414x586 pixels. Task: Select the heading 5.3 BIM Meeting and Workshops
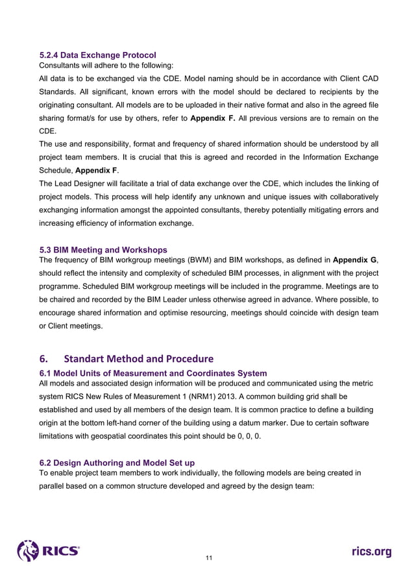tap(103, 250)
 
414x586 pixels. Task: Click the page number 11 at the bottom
tap(208, 557)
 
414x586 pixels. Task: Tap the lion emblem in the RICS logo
tap(29, 551)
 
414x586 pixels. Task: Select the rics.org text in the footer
tap(371, 552)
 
